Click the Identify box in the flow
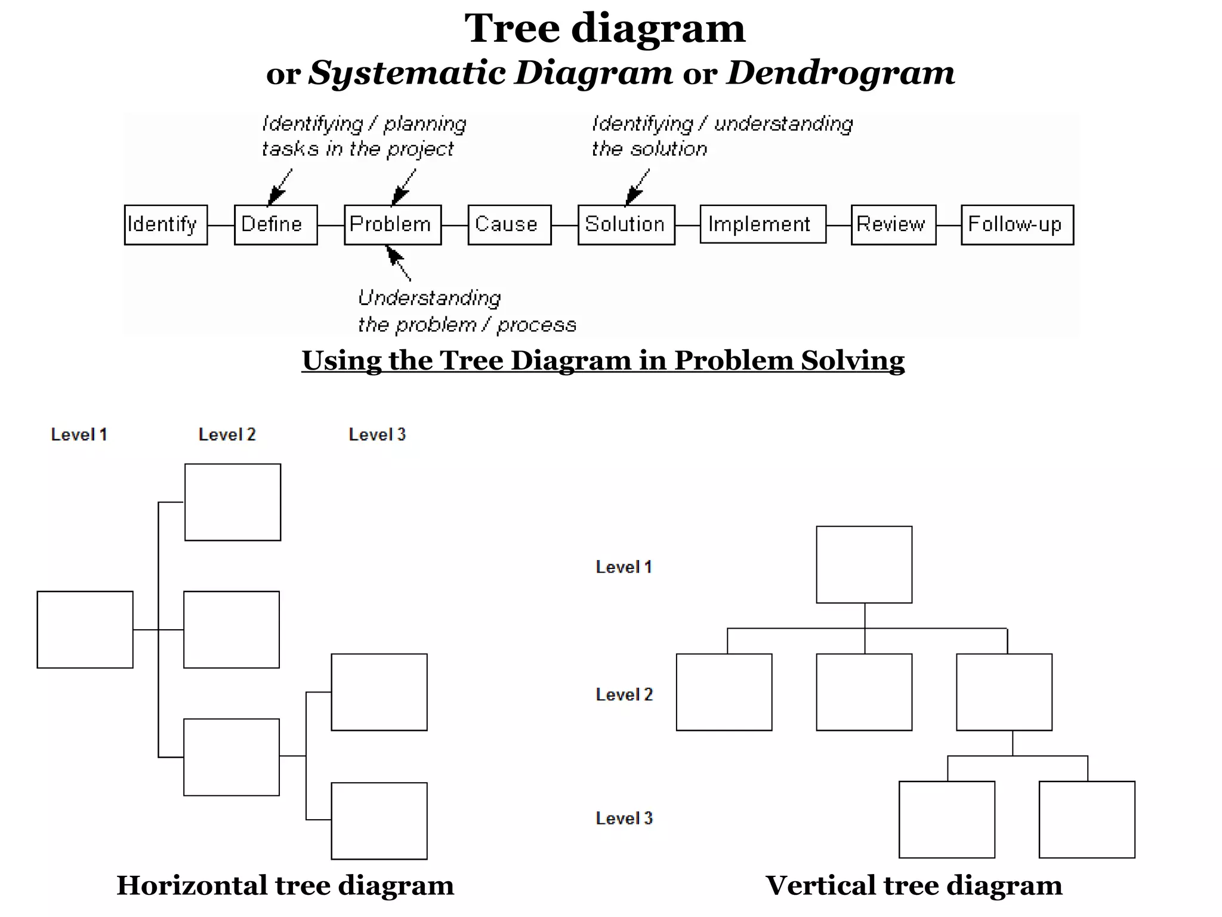165,224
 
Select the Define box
275,224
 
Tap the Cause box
509,224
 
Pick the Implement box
763,224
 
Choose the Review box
893,224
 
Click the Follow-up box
1017,224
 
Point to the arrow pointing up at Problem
398,263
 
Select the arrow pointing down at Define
280,187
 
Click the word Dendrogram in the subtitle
840,73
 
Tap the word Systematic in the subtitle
407,73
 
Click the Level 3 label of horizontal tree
377,435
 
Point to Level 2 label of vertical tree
624,694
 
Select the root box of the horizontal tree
85,629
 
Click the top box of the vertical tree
863,564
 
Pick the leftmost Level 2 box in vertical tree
724,692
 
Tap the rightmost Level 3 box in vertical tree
1087,819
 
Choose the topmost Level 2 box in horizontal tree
232,502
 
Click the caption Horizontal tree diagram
285,885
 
